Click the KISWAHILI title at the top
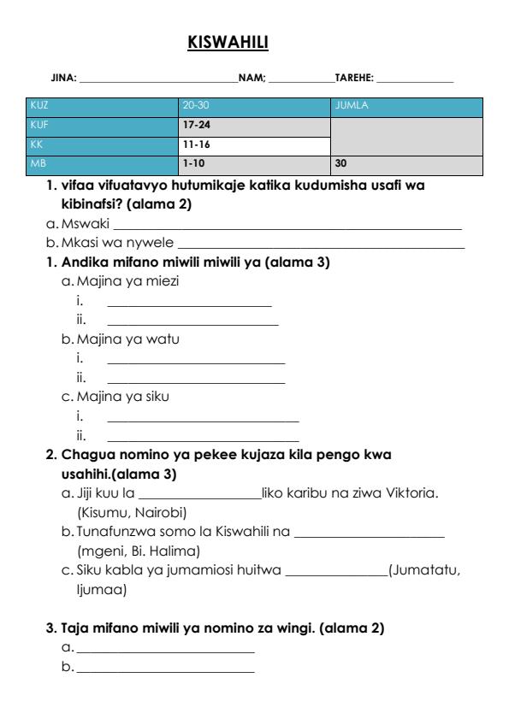tap(228, 41)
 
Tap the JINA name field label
tap(65, 79)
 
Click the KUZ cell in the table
tap(39, 106)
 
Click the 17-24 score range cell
tap(196, 125)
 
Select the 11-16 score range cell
tap(196, 144)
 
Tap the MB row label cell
tap(38, 162)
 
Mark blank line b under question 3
tap(165, 668)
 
